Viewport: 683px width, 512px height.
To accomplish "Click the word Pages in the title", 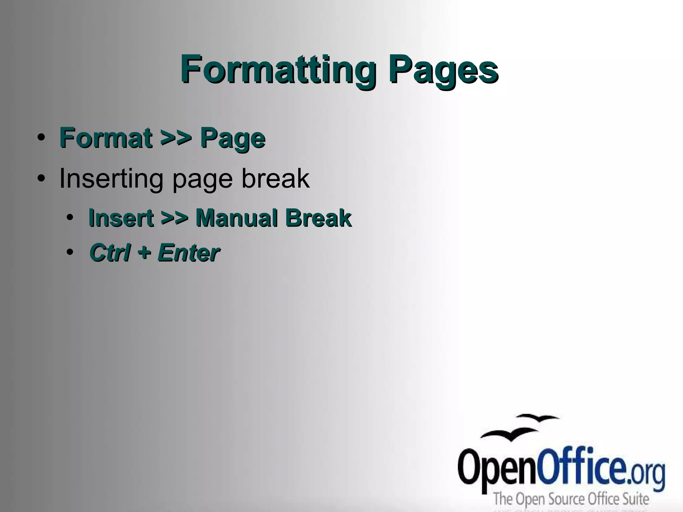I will (x=443, y=69).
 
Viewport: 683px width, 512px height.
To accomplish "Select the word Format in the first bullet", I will (x=105, y=138).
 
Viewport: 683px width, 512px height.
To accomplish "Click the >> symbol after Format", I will (x=176, y=138).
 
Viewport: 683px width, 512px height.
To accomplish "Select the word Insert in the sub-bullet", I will (x=121, y=218).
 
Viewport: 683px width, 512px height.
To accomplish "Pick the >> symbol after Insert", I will (x=174, y=218).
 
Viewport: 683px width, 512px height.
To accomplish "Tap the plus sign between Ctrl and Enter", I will (x=144, y=252).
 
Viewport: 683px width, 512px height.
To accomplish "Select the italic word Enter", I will (x=188, y=252).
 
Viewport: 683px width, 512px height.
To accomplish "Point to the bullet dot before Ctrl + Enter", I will (x=70, y=252).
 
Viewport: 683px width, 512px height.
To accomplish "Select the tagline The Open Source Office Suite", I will (x=571, y=499).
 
